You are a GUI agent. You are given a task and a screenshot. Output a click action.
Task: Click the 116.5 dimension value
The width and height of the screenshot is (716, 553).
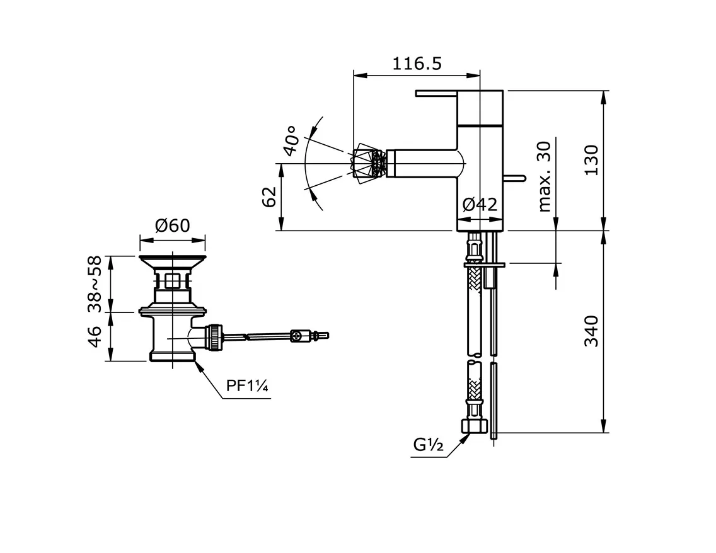[417, 64]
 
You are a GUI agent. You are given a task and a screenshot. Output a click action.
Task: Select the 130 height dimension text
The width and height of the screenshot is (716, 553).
[592, 161]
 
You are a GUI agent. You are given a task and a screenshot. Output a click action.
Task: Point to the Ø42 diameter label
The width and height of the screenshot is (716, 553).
[480, 205]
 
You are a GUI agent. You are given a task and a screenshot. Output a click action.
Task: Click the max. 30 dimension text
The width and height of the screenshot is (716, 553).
[545, 176]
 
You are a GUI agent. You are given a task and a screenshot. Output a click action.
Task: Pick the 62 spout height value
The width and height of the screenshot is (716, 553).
[270, 197]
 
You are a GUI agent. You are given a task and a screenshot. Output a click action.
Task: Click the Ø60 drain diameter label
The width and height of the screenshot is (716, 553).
[172, 225]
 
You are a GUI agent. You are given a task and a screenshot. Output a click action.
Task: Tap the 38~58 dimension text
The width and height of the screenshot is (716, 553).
[95, 284]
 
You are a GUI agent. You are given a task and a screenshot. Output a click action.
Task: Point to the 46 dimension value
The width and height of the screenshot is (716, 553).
[95, 336]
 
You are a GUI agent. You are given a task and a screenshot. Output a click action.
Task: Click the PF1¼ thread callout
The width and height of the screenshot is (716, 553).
[248, 386]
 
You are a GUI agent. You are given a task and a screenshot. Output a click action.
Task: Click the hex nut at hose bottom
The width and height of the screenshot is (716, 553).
[476, 426]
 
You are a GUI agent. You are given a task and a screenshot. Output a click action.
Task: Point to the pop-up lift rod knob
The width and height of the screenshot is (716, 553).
[519, 179]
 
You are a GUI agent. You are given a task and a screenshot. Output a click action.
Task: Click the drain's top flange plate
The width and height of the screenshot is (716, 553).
[171, 260]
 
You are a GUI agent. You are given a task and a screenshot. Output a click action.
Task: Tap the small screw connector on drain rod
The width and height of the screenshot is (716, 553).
[299, 336]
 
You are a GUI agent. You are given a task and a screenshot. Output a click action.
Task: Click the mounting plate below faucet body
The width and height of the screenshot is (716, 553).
[484, 266]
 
